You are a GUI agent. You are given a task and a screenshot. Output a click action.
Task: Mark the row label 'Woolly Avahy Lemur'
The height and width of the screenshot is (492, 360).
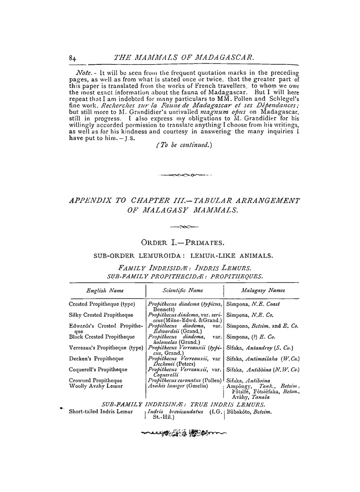tap(93, 386)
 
